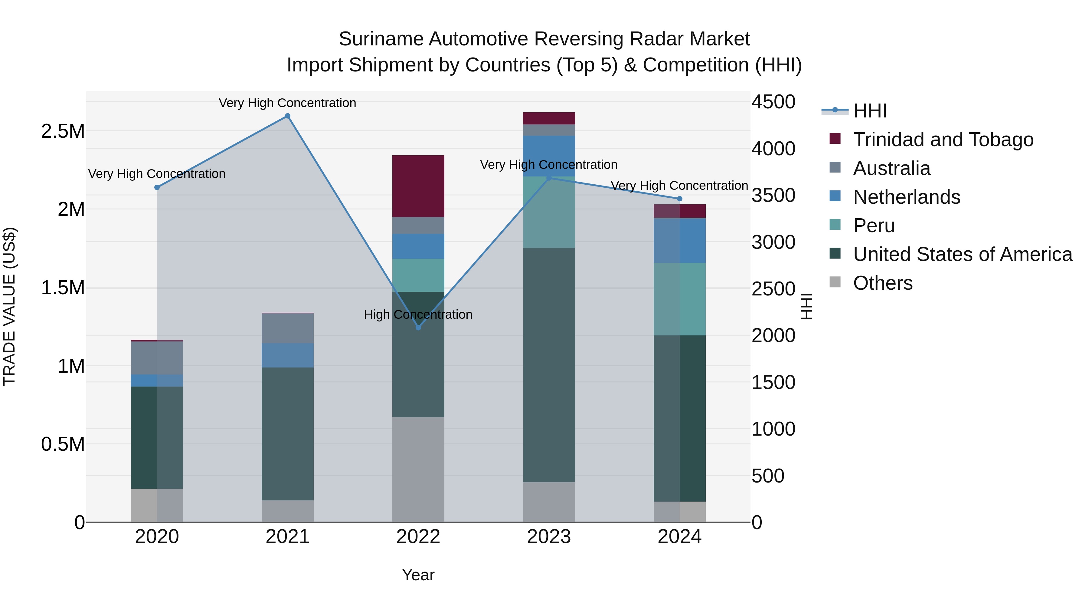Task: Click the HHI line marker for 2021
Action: (x=287, y=116)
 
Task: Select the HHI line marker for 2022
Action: (x=418, y=328)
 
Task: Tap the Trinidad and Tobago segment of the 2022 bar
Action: (x=418, y=186)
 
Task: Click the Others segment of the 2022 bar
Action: (x=418, y=469)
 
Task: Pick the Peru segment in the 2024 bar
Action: (x=679, y=299)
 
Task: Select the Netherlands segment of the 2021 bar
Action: (x=287, y=355)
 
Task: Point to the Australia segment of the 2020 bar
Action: (x=157, y=358)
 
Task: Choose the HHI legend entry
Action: (x=870, y=111)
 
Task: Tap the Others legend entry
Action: (x=882, y=283)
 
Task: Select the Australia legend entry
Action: (x=891, y=168)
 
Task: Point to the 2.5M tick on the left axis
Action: (x=63, y=131)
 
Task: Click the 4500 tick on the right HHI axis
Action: (x=773, y=102)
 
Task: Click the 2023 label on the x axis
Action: (x=549, y=537)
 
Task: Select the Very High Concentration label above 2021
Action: (x=287, y=103)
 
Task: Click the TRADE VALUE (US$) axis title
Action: (x=9, y=306)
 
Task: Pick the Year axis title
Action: (x=418, y=575)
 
